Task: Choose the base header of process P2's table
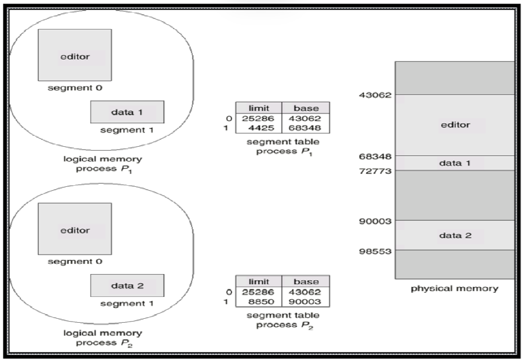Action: click(306, 281)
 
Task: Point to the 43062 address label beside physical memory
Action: click(375, 95)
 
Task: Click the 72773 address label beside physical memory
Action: click(375, 171)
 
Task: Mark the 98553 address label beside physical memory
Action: click(375, 250)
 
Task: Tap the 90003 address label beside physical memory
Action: click(375, 221)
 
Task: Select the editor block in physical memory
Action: click(455, 124)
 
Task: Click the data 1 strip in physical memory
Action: click(455, 163)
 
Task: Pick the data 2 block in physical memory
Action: click(455, 235)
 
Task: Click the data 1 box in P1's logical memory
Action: click(127, 112)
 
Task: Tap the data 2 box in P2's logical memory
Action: click(127, 285)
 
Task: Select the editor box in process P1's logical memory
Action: click(75, 56)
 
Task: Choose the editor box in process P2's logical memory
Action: click(75, 229)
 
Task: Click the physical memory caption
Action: click(455, 288)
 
